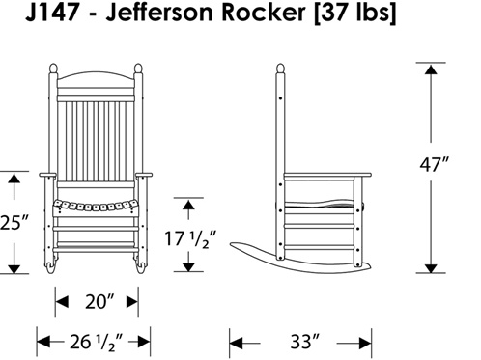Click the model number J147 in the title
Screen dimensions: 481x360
point(52,13)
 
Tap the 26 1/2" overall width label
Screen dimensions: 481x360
point(97,342)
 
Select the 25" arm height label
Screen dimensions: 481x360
point(14,223)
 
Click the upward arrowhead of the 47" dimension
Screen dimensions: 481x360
point(431,69)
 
